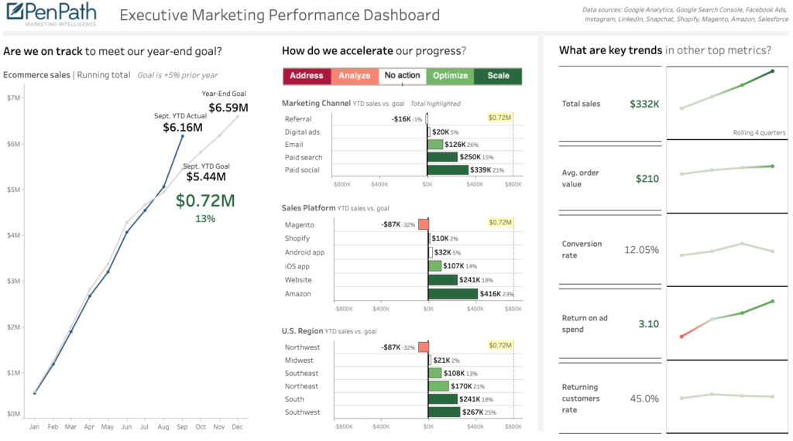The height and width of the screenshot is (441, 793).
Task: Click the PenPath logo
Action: click(x=50, y=15)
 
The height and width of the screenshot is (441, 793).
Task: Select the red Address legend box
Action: click(x=307, y=76)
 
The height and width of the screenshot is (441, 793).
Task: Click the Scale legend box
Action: click(x=498, y=76)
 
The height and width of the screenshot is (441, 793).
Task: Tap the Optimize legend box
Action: click(x=450, y=76)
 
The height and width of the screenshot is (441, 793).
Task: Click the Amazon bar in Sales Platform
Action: click(x=453, y=294)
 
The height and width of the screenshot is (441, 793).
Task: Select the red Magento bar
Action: click(x=423, y=224)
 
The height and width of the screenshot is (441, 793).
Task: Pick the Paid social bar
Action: click(x=448, y=170)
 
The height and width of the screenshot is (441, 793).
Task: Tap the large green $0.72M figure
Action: click(x=205, y=200)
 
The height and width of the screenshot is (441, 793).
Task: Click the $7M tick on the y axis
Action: click(x=13, y=97)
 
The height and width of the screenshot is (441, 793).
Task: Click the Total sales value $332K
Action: click(x=644, y=104)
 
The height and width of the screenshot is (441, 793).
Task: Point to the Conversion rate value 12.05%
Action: click(x=641, y=250)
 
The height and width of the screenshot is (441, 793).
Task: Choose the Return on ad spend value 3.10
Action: click(x=648, y=323)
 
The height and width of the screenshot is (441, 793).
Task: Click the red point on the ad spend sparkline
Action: click(x=681, y=336)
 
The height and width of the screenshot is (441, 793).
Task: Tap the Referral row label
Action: click(x=298, y=119)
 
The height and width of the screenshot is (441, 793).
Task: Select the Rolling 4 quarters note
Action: click(x=759, y=132)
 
